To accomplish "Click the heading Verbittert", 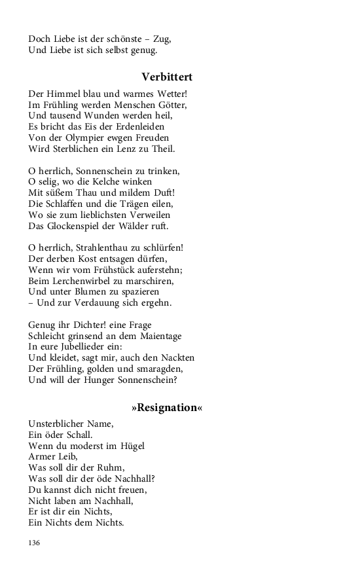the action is pyautogui.click(x=167, y=77).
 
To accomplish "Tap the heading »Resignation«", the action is pyautogui.click(x=167, y=408).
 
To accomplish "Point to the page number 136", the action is pyautogui.click(x=35, y=543).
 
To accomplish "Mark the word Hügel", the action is pyautogui.click(x=131, y=446).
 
